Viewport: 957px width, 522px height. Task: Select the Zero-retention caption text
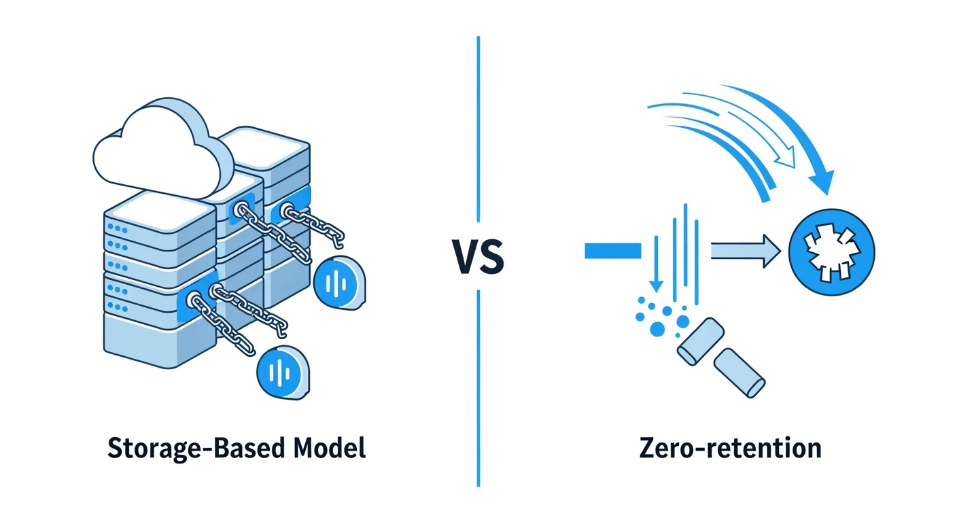click(x=730, y=449)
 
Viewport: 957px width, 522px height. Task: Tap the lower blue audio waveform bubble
click(x=283, y=371)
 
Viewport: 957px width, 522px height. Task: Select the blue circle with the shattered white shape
click(x=833, y=252)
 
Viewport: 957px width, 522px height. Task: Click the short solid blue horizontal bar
click(x=612, y=251)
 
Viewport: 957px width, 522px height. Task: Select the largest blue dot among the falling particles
click(x=657, y=330)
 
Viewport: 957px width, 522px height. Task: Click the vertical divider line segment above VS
click(x=478, y=129)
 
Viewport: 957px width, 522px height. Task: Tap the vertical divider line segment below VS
click(x=478, y=387)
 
